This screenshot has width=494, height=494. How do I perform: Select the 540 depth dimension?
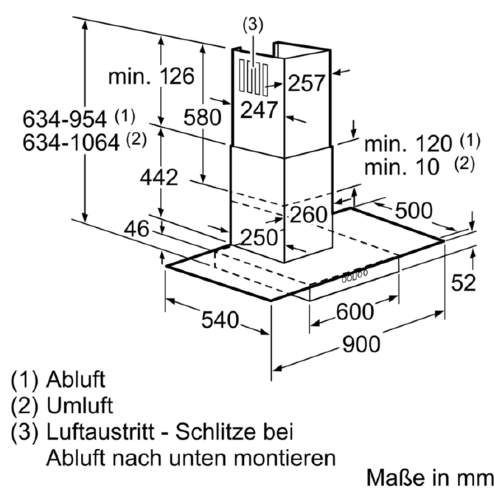click(x=220, y=320)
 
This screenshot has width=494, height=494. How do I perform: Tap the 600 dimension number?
click(x=354, y=312)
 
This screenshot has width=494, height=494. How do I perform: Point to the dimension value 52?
click(x=463, y=283)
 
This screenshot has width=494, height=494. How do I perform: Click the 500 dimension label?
click(x=414, y=211)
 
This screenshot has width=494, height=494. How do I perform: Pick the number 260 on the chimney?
click(x=309, y=214)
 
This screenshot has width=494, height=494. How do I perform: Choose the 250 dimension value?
click(x=259, y=238)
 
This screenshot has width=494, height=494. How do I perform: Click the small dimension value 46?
click(x=137, y=229)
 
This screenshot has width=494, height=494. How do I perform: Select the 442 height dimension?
click(x=159, y=178)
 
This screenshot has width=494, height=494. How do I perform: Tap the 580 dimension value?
click(x=203, y=117)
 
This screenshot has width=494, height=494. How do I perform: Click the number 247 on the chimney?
click(x=259, y=110)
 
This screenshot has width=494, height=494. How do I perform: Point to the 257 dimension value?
click(x=306, y=83)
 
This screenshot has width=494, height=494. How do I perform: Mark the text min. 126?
click(x=151, y=76)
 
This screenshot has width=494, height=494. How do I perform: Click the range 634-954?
click(x=64, y=119)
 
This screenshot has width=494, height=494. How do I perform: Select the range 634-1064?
click(x=71, y=142)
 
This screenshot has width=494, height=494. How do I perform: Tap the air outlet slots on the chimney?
click(x=253, y=78)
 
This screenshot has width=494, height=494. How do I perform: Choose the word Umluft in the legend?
click(x=79, y=405)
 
